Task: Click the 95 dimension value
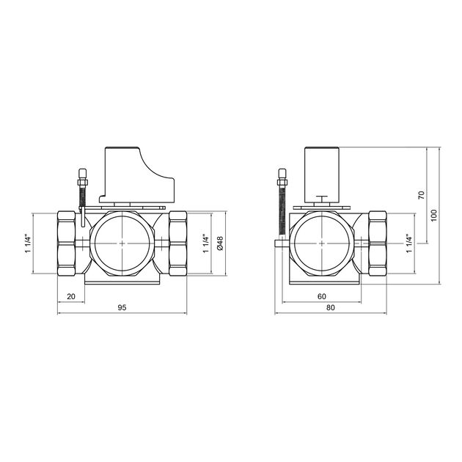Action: [x=122, y=307]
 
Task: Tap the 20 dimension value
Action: [x=71, y=296]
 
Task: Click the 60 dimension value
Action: [x=322, y=296]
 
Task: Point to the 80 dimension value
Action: [x=331, y=307]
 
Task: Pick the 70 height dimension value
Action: [x=422, y=195]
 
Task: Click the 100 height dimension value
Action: [x=433, y=216]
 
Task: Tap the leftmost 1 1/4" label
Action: [x=28, y=243]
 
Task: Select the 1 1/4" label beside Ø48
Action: [x=206, y=243]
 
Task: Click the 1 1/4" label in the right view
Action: [x=409, y=243]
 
